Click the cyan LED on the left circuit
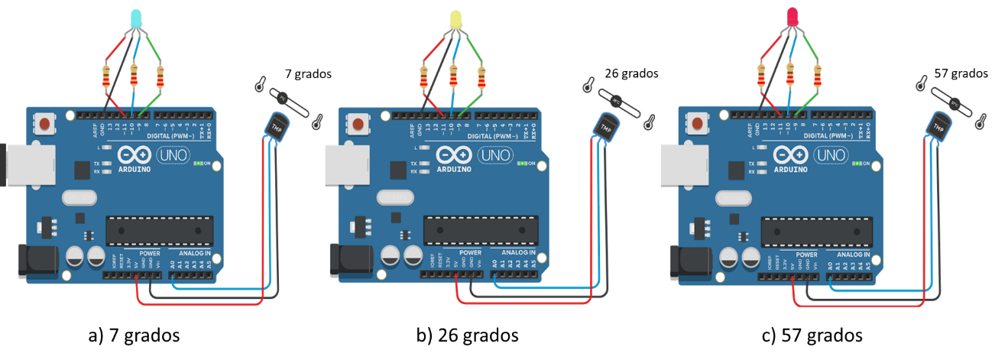point(135,17)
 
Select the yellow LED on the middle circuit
point(456,18)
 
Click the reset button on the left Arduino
point(45,123)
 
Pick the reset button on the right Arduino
point(696,123)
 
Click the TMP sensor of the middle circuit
point(606,125)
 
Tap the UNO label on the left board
point(170,154)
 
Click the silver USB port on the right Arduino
point(670,164)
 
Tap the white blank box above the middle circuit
point(595,35)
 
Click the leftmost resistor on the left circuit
point(107,76)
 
